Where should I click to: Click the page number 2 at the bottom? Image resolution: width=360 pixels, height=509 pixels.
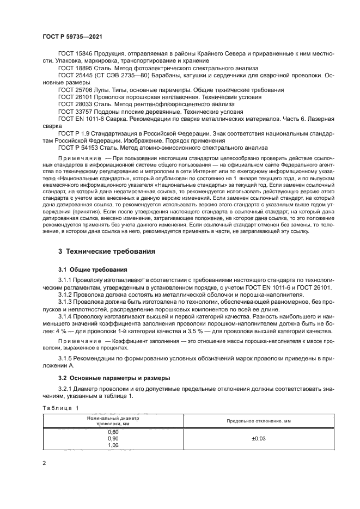(43, 463)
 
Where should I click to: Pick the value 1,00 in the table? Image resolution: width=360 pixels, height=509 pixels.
(114, 445)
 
